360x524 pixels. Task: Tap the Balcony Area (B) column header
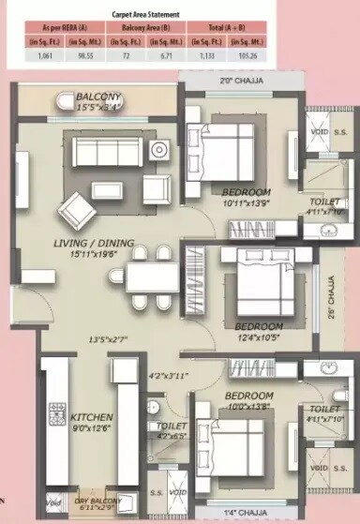click(139, 29)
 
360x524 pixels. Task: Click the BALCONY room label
click(99, 97)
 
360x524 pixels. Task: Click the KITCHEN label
click(92, 416)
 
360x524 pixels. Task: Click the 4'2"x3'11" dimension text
click(169, 377)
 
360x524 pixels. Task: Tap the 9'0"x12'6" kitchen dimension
click(92, 428)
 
